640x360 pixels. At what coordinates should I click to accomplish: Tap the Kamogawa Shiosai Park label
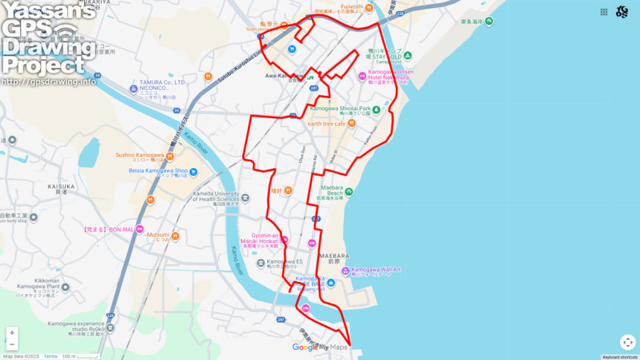click(340, 109)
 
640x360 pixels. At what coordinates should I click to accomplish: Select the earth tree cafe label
click(327, 123)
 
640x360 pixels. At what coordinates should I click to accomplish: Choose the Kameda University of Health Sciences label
click(216, 196)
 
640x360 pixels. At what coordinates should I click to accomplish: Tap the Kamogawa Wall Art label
click(376, 269)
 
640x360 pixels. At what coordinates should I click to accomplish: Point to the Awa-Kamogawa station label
click(284, 75)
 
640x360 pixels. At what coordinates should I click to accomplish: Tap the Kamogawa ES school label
click(285, 262)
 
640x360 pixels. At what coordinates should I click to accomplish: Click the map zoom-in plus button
click(12, 332)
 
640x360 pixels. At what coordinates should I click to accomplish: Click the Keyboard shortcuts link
click(619, 357)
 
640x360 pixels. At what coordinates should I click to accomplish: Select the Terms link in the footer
click(51, 356)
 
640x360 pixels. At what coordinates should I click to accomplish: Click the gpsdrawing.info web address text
click(48, 82)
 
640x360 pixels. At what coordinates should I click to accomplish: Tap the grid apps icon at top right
click(604, 12)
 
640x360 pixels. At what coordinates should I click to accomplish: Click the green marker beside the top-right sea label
click(489, 21)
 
